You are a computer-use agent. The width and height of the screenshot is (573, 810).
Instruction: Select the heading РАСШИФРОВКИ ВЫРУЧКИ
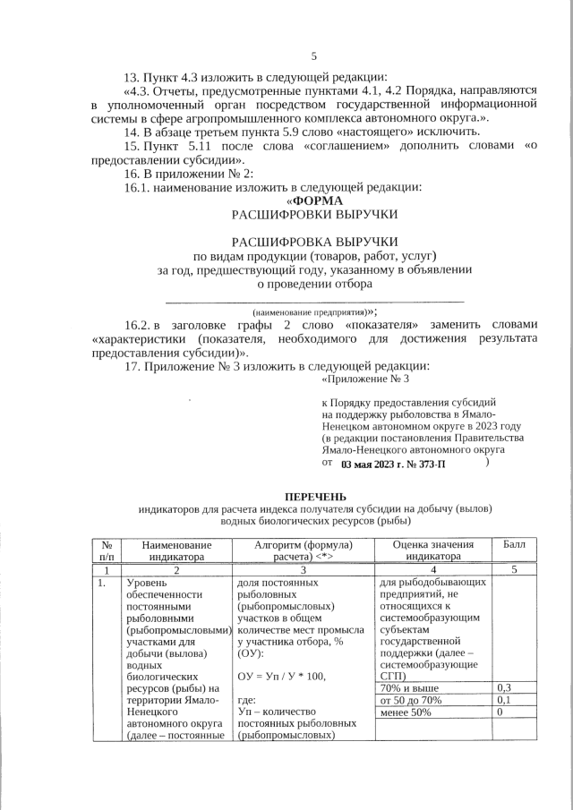[313, 216]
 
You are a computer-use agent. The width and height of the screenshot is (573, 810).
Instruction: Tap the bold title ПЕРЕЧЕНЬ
[313, 496]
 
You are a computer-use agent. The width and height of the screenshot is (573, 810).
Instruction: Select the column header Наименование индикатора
[176, 550]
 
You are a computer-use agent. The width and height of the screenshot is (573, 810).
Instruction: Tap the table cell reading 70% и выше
[407, 687]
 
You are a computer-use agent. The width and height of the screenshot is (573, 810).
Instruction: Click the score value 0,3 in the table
[504, 687]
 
